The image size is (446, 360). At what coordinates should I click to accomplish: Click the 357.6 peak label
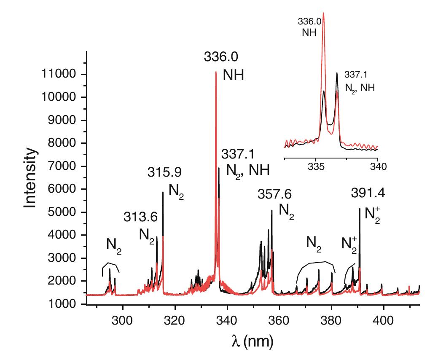pos(274,194)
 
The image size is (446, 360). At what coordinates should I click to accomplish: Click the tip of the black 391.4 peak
pos(360,209)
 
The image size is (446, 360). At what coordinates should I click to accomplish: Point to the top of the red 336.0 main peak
pos(216,72)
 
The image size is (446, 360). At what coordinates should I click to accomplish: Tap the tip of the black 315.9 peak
pos(163,192)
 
